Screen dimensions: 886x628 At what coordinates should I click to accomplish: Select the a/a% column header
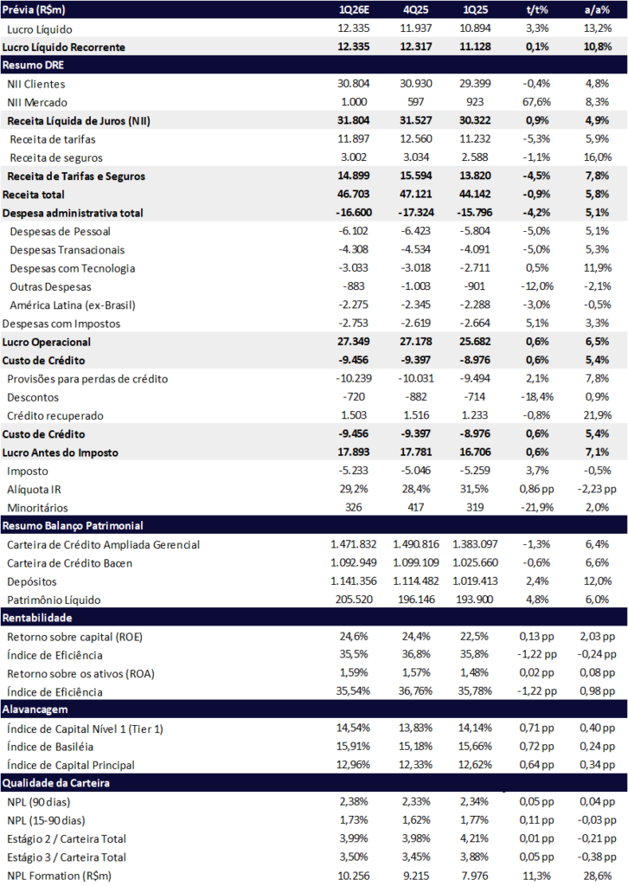coord(598,10)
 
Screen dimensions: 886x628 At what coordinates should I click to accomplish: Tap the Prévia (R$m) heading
coord(34,10)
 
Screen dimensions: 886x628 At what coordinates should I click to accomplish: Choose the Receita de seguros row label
coord(56,157)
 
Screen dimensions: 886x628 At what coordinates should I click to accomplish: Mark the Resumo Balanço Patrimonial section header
coord(73,525)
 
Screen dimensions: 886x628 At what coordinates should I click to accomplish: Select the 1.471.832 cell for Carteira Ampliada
coord(354,544)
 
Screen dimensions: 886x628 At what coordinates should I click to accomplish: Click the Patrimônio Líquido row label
coord(54,600)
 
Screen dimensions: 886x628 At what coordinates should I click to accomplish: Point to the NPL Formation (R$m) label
coord(58,876)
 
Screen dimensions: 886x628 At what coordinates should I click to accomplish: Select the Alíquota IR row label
coord(34,489)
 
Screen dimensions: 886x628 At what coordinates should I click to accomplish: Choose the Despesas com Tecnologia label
coord(73,268)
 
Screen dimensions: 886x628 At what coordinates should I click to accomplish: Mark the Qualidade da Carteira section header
coord(54,783)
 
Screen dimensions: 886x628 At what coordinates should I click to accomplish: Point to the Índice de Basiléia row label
coord(51,747)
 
